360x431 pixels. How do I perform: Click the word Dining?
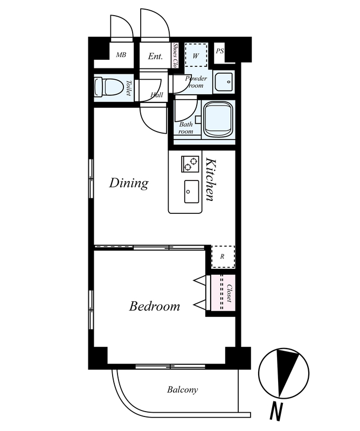pos(129,183)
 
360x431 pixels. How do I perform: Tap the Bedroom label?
pos(155,306)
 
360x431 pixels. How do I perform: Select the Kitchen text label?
pos(211,179)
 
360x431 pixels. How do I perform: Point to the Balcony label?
pos(182,390)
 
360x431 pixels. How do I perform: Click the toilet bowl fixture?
pos(108,87)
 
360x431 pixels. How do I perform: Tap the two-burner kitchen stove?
pos(190,164)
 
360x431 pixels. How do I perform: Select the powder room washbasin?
pos(224,82)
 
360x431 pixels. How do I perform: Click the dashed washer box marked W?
pos(196,55)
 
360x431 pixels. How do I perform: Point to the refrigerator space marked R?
pos(223,257)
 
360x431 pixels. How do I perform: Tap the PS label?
pos(219,51)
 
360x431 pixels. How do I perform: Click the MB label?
pos(121,55)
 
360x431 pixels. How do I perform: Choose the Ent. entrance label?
pos(155,57)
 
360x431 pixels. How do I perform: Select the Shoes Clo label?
pos(175,55)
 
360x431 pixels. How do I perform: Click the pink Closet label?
pos(230,293)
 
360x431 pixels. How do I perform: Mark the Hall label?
pos(157,95)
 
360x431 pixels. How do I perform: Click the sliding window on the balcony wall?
pos(170,366)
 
